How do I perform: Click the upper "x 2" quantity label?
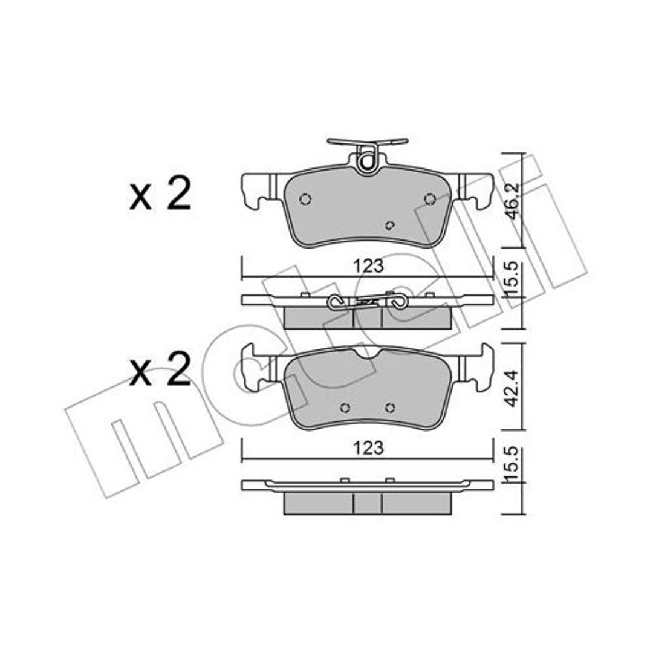click(x=160, y=194)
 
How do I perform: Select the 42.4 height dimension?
click(x=513, y=388)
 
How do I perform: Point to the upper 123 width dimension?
click(x=368, y=266)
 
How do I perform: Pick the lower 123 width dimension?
click(x=368, y=448)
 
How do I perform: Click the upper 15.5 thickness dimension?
click(x=513, y=279)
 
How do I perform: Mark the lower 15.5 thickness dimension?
click(x=513, y=464)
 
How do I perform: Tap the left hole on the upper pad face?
click(x=305, y=199)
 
